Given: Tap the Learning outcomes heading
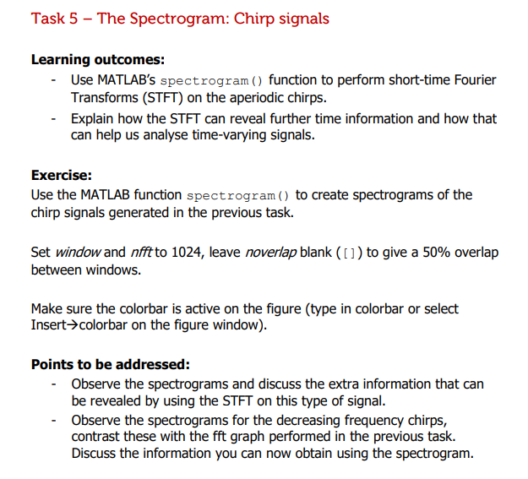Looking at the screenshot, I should click(98, 59).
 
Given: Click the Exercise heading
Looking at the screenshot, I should click(61, 175).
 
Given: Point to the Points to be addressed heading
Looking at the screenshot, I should click(110, 364).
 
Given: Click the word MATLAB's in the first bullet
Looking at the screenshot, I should click(127, 80).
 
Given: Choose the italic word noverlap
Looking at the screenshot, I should click(271, 252).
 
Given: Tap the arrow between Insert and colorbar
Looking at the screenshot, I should click(74, 326).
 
